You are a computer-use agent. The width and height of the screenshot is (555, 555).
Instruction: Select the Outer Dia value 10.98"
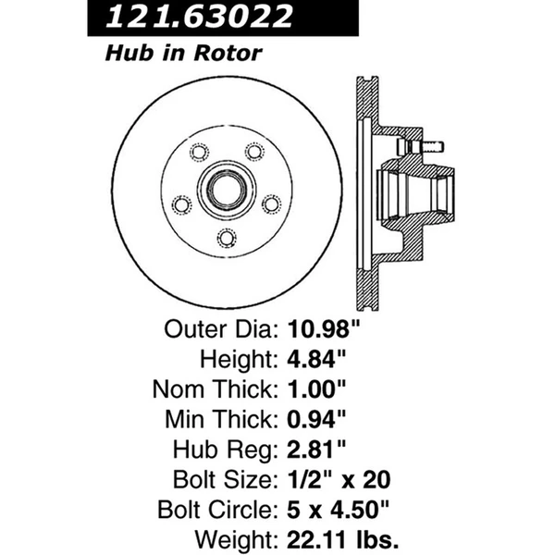pyautogui.click(x=327, y=330)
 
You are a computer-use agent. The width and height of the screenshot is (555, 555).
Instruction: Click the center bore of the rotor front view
pyautogui.click(x=225, y=192)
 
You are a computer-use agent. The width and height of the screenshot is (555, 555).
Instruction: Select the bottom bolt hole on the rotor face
pyautogui.click(x=225, y=239)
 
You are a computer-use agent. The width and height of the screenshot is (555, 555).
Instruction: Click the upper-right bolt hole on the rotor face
pyautogui.click(x=253, y=153)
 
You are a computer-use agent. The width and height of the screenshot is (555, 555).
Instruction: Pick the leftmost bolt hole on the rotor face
pyautogui.click(x=181, y=204)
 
